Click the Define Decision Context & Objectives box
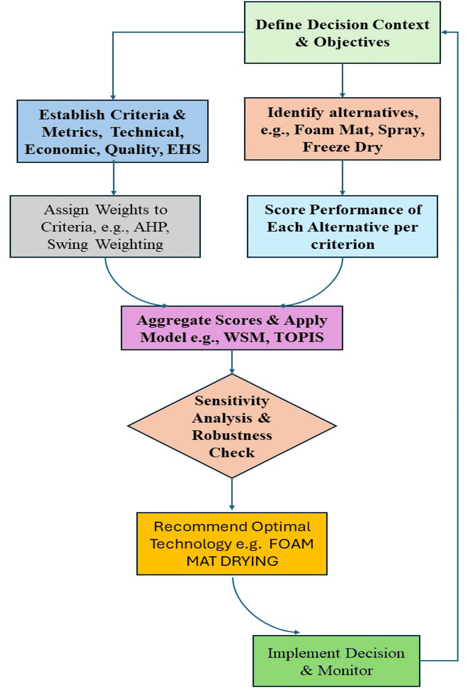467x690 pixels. tap(342, 33)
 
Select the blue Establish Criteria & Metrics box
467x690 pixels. tap(112, 131)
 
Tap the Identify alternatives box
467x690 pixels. tap(342, 129)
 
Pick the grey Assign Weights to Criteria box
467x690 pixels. tap(105, 226)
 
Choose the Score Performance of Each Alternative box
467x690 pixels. tap(342, 226)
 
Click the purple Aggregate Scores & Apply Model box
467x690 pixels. tap(232, 328)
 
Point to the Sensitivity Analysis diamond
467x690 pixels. tap(232, 426)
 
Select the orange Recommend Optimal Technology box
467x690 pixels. tap(232, 544)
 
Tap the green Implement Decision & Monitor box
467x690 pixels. tap(336, 661)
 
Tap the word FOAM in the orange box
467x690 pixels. tap(291, 544)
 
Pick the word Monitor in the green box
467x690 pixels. tap(345, 670)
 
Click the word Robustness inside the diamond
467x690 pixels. tap(232, 435)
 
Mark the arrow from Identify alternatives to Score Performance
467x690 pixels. tap(342, 178)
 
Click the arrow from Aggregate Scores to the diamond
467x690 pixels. tap(232, 362)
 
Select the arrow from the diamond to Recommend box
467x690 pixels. tap(232, 494)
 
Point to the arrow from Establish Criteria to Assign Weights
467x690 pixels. tap(114, 179)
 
